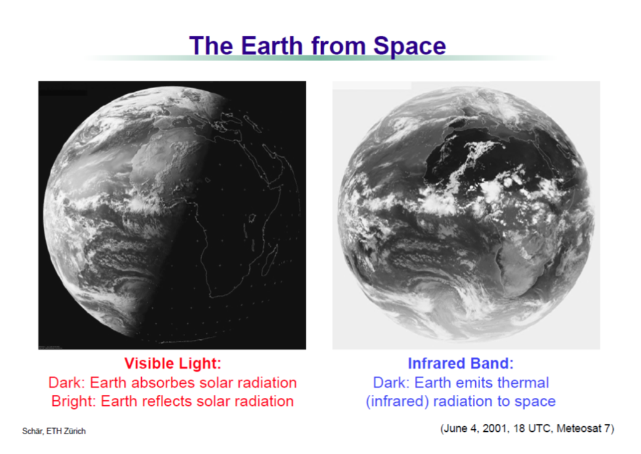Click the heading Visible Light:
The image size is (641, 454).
pyautogui.click(x=173, y=363)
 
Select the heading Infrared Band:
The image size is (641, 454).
pyautogui.click(x=461, y=363)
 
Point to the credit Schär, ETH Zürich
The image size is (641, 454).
pyautogui.click(x=54, y=431)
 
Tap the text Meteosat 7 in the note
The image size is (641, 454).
pyautogui.click(x=583, y=428)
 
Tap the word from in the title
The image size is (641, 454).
pyautogui.click(x=338, y=45)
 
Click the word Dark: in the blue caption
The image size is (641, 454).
pyautogui.click(x=391, y=382)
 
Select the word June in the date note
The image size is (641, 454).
pyautogui.click(x=455, y=428)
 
